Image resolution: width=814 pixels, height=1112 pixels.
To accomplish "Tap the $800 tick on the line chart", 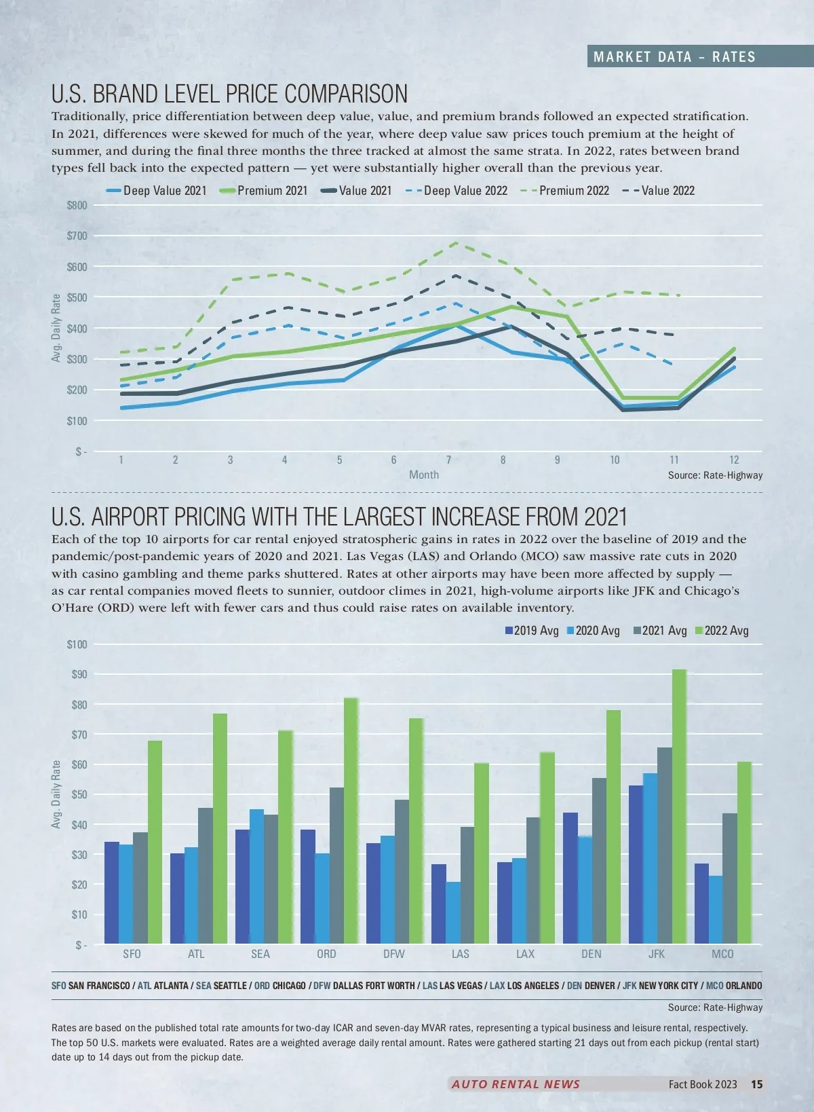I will point(77,205).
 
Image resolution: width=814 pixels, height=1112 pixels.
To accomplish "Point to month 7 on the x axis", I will point(448,460).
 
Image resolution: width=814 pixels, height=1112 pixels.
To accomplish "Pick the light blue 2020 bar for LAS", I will point(453,912).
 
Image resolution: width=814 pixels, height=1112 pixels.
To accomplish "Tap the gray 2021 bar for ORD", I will point(336,866).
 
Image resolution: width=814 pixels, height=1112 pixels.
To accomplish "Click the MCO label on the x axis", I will point(722,954).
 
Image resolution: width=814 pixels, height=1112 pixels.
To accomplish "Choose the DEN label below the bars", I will point(592,954).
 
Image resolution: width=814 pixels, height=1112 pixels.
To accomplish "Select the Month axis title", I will point(424,475).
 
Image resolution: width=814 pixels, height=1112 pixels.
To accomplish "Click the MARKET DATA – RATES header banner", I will point(674,57).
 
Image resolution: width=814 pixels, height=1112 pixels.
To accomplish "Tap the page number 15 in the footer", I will point(757,1084).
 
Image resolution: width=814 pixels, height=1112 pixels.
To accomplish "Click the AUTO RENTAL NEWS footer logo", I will point(516,1084).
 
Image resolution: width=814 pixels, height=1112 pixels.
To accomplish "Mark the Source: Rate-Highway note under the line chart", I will point(715,475).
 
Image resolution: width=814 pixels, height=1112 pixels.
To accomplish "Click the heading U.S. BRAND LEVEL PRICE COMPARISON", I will point(230,94).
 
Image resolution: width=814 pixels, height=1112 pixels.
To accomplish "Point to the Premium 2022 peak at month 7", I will point(454,242).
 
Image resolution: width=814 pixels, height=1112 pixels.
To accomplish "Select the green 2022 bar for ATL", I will point(220,828).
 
